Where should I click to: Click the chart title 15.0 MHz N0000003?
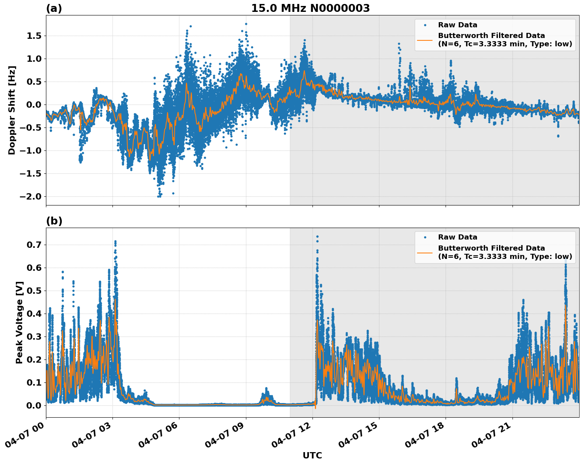click(310, 8)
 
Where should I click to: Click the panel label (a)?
click(54, 8)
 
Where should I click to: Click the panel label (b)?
click(54, 221)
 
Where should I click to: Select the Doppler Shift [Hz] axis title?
click(12, 110)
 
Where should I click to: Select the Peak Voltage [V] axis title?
click(19, 322)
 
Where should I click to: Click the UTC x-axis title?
click(312, 455)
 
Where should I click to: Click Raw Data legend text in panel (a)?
click(457, 25)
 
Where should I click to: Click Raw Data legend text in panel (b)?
click(457, 237)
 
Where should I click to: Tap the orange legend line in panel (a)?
click(425, 40)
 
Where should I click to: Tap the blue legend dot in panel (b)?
click(425, 237)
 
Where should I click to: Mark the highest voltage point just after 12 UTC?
click(317, 236)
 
